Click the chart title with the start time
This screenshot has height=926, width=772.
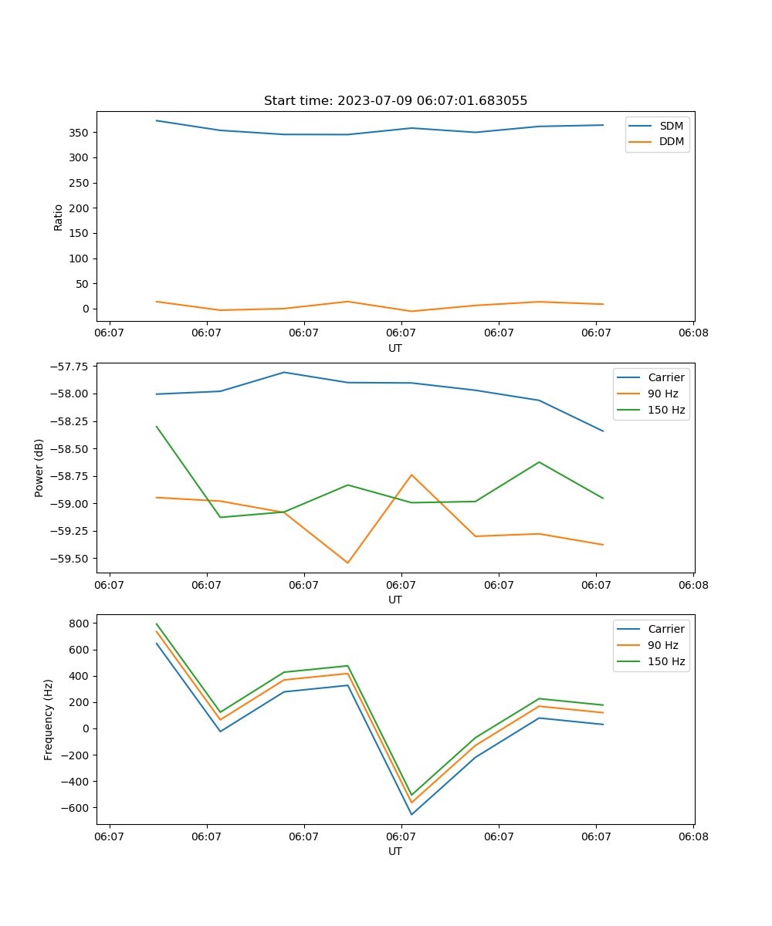pyautogui.click(x=395, y=100)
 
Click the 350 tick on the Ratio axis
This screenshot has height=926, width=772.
pyautogui.click(x=81, y=133)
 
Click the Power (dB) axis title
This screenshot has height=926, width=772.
pyautogui.click(x=39, y=468)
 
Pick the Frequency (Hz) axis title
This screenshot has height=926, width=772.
pyautogui.click(x=49, y=719)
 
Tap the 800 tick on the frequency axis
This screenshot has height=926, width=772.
pyautogui.click(x=81, y=623)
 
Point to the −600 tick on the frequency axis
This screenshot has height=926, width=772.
pyautogui.click(x=77, y=808)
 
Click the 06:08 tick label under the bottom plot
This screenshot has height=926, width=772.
pyautogui.click(x=692, y=836)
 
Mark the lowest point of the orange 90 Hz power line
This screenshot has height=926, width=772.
pyautogui.click(x=347, y=563)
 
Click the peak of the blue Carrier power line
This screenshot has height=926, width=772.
pyautogui.click(x=284, y=372)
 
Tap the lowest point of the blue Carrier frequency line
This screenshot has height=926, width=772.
pyautogui.click(x=411, y=814)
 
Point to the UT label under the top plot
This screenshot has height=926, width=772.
pyautogui.click(x=395, y=348)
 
